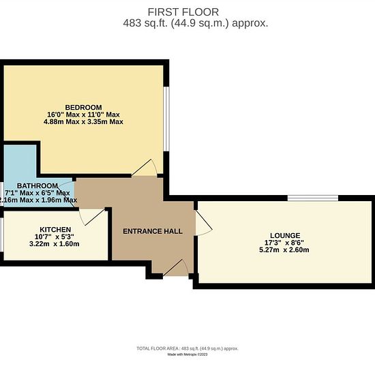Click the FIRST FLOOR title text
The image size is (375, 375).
[183, 12]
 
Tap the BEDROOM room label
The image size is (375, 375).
[83, 107]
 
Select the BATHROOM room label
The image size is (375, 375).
[37, 186]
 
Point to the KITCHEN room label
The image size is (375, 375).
[55, 230]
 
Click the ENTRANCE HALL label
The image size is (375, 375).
[153, 231]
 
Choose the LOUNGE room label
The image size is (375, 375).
[285, 236]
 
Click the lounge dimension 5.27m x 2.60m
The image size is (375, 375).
[284, 250]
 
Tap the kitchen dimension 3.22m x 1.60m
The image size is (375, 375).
[55, 244]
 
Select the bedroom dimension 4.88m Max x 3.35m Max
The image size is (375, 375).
[83, 122]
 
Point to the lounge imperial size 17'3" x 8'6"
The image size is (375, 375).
[284, 243]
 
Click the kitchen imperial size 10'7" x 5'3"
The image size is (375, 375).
[55, 237]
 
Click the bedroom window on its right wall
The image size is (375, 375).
[166, 119]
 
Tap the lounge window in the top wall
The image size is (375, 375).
[313, 198]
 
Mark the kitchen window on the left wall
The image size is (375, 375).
[1, 235]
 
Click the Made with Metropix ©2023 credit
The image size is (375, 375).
[187, 355]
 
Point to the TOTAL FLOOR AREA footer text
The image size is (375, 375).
[187, 348]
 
